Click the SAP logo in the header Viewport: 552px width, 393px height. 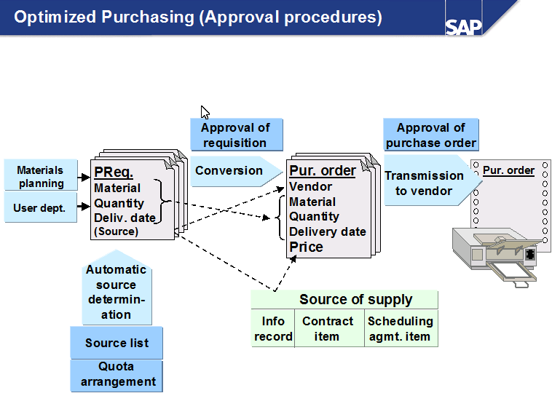(463, 26)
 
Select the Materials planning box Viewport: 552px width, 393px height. (42, 177)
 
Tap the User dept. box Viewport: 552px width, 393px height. (40, 208)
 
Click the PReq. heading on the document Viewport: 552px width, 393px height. (114, 172)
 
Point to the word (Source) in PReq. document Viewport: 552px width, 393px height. (116, 231)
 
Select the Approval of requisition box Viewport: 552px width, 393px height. (235, 135)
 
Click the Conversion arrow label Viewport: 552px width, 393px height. (230, 171)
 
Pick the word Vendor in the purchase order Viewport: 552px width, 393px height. (311, 187)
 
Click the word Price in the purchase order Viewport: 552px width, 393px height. (307, 247)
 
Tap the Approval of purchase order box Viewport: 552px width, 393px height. (431, 135)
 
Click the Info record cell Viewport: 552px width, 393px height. (273, 329)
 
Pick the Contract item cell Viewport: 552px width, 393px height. (328, 329)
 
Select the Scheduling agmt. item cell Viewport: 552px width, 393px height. (401, 329)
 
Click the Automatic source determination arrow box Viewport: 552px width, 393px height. (117, 291)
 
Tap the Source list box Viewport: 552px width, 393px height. (117, 343)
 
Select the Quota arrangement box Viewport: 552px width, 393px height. (117, 375)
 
